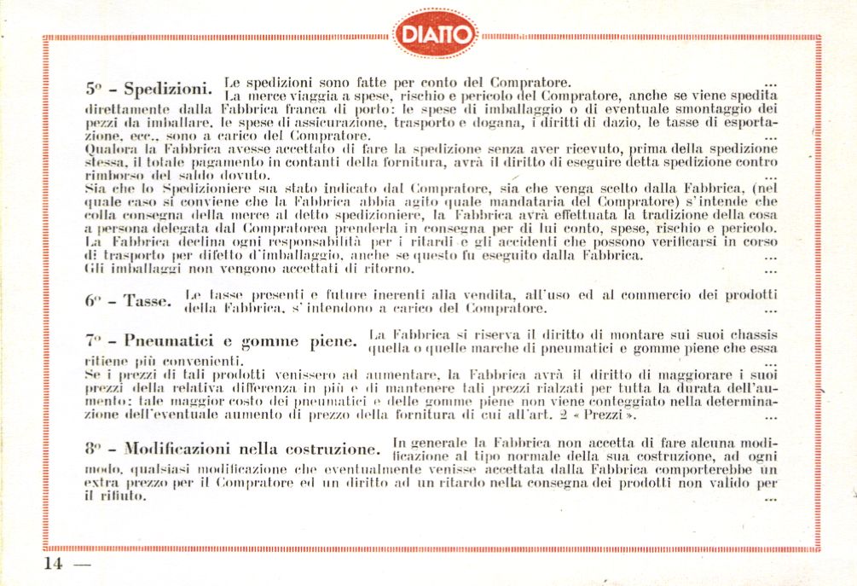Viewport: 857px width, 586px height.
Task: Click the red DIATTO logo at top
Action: point(435,35)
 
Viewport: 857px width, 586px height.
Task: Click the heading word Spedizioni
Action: point(167,90)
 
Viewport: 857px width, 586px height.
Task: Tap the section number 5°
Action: point(95,89)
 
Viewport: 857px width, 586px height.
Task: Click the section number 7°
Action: point(93,341)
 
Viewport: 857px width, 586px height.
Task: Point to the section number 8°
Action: point(94,449)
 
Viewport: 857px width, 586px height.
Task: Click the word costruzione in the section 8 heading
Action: point(335,449)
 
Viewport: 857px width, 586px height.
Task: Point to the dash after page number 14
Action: point(82,565)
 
